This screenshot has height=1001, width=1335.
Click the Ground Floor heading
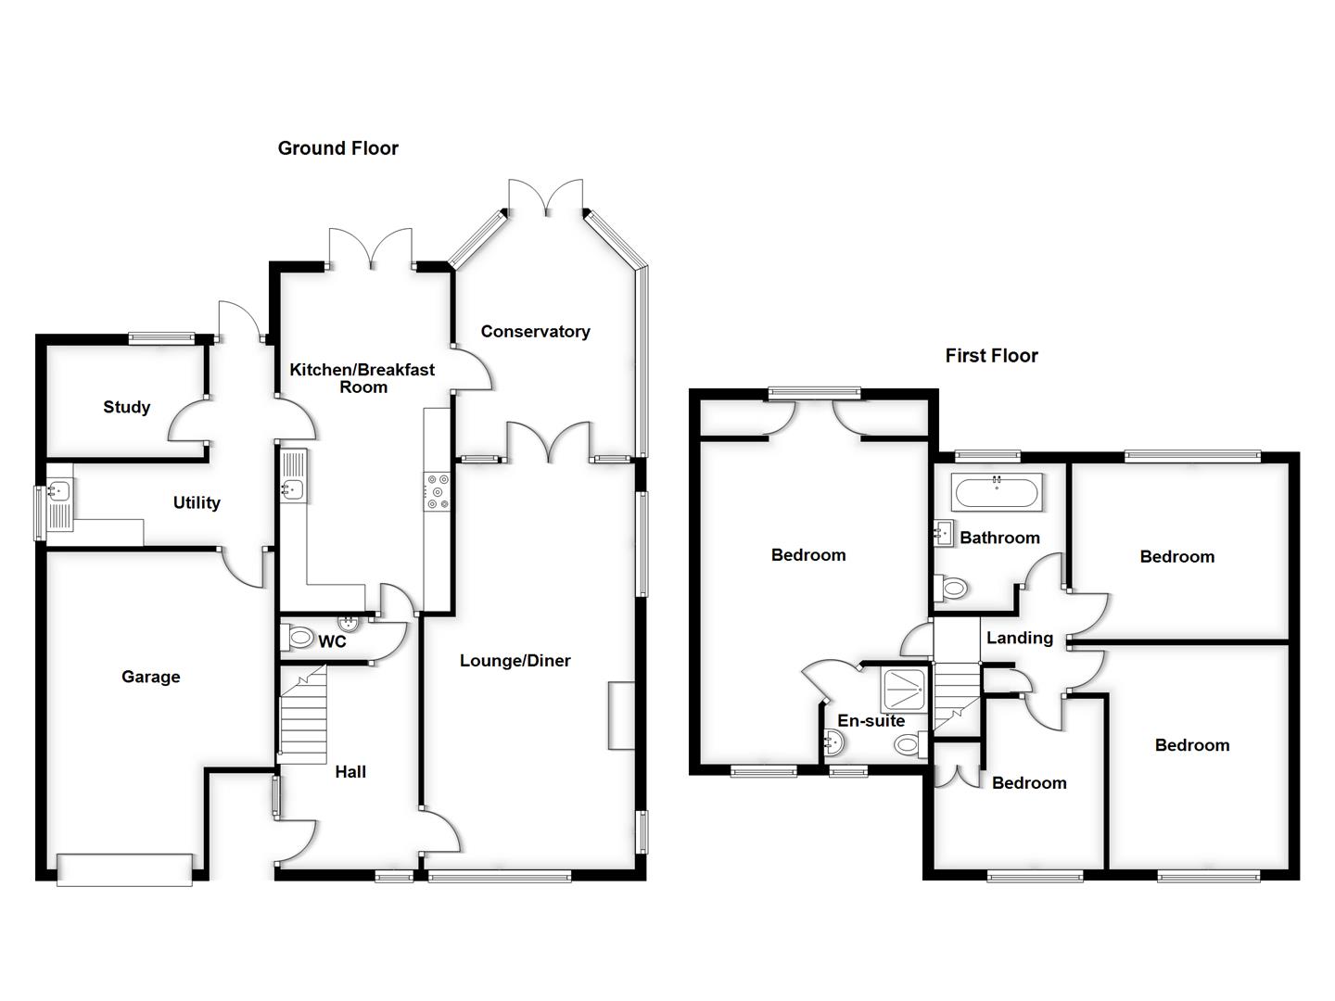pos(337,148)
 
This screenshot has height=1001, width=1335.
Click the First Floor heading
pos(991,356)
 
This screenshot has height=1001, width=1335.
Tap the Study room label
pos(126,407)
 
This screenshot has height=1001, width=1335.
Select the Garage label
pos(150,678)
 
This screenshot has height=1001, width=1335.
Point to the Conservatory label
pos(535,332)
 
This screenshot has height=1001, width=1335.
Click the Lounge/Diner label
pos(515,661)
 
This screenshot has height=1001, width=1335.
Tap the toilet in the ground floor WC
pos(299,638)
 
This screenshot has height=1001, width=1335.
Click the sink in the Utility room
pos(60,491)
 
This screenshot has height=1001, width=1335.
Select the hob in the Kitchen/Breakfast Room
pos(437,491)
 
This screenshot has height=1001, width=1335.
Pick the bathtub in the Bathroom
pos(997,491)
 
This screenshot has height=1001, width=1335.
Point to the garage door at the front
pos(124,868)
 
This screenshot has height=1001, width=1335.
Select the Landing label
pos(1019,638)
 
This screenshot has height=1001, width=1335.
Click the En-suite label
pos(871,721)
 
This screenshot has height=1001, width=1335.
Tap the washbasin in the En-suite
pos(833,741)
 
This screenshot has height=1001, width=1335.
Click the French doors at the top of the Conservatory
pos(546,197)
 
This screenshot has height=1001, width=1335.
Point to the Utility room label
pos(197,503)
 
